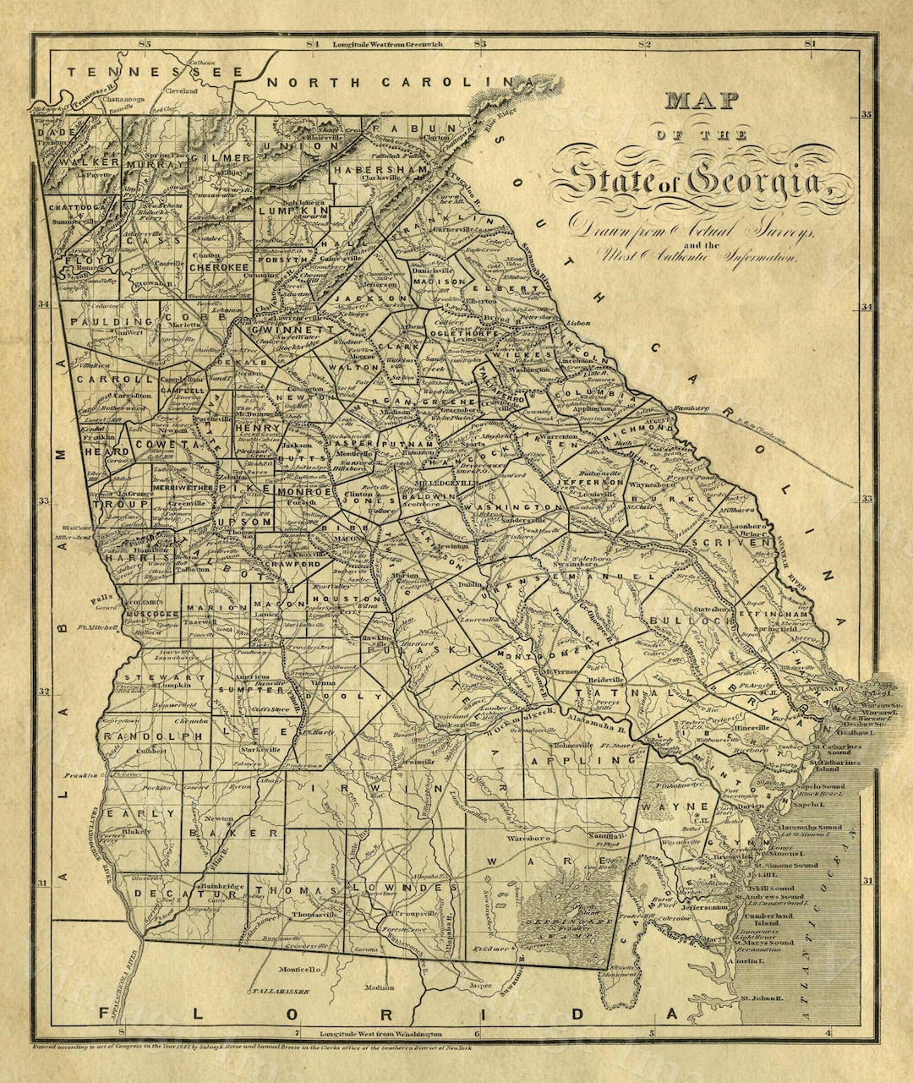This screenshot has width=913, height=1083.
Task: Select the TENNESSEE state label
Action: pos(155,72)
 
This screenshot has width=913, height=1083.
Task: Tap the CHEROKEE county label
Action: pos(217,267)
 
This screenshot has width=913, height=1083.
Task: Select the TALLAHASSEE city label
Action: pos(278,988)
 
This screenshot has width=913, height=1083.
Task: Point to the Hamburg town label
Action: pos(690,410)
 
